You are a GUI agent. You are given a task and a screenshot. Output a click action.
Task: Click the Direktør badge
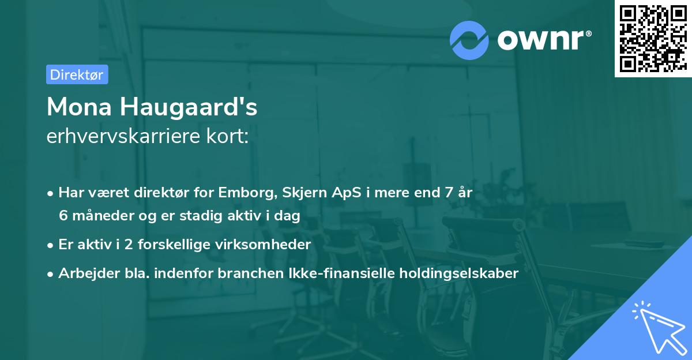[77, 74]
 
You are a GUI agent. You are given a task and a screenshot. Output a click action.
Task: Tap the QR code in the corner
[652, 38]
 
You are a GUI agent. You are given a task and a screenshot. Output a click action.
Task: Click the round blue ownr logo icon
[469, 40]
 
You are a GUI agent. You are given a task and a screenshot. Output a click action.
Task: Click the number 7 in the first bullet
[448, 193]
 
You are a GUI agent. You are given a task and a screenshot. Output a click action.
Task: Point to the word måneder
[100, 216]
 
